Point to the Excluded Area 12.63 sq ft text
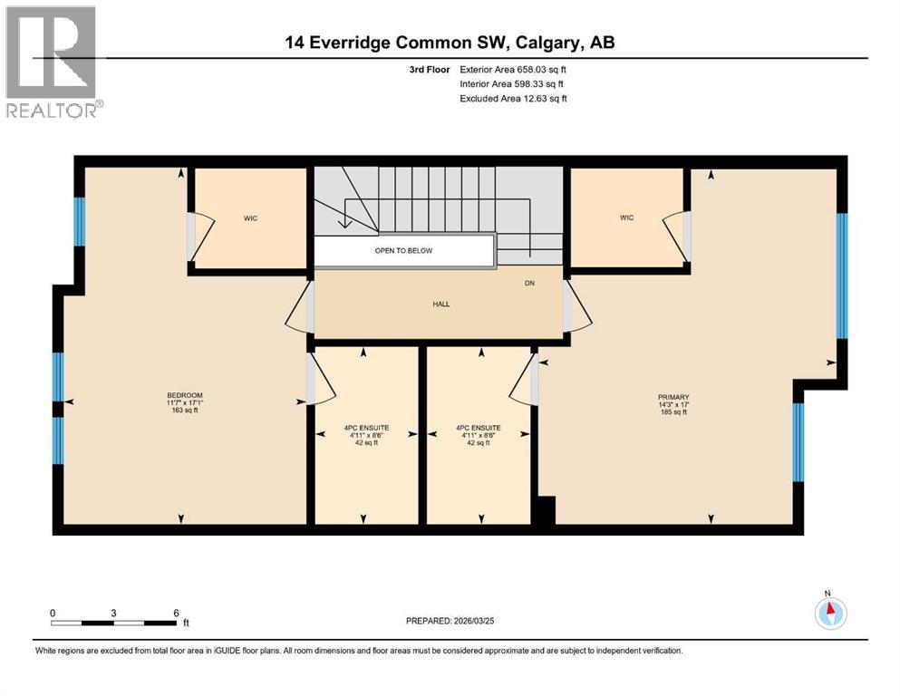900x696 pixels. click(513, 98)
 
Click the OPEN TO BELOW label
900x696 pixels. click(403, 250)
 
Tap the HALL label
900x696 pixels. click(440, 304)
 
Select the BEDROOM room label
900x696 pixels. click(184, 395)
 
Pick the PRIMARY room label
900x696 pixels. click(673, 397)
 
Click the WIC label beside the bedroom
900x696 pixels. click(251, 218)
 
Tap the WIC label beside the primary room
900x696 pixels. click(626, 217)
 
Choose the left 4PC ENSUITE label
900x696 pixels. click(366, 428)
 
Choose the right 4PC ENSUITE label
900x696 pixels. click(479, 428)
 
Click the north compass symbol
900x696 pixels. click(830, 613)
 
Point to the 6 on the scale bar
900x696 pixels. click(176, 613)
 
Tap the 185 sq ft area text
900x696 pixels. click(673, 412)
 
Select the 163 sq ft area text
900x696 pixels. click(184, 411)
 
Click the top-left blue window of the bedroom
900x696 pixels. click(79, 221)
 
